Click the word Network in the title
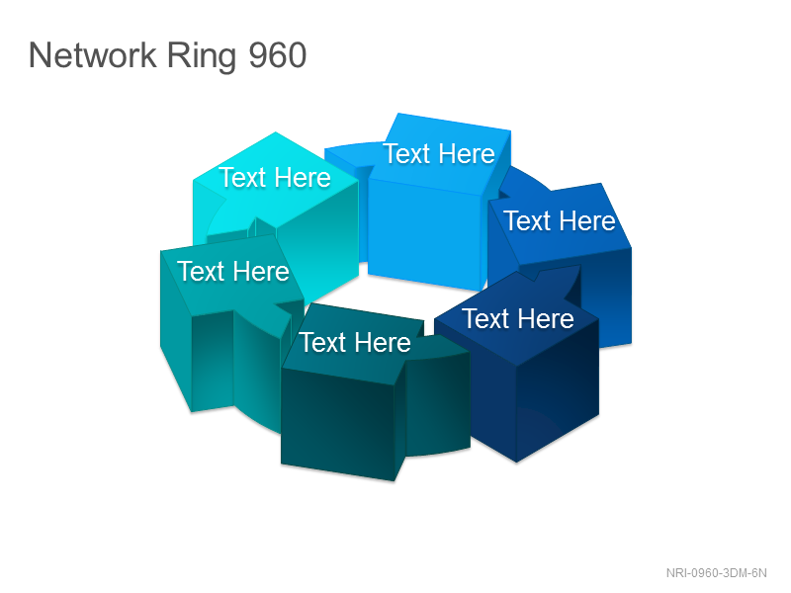pos(93,55)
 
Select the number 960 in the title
pos(278,55)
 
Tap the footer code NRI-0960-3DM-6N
pos(716,573)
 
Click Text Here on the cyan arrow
pos(275,178)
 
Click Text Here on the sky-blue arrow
pos(439,153)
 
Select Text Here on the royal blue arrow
pos(560,220)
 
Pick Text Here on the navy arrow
pos(518,318)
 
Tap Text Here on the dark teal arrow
pos(355,342)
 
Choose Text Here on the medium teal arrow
pos(233,271)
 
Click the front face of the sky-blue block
pos(424,234)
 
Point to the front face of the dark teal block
pos(337,425)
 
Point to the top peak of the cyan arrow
pos(276,132)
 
